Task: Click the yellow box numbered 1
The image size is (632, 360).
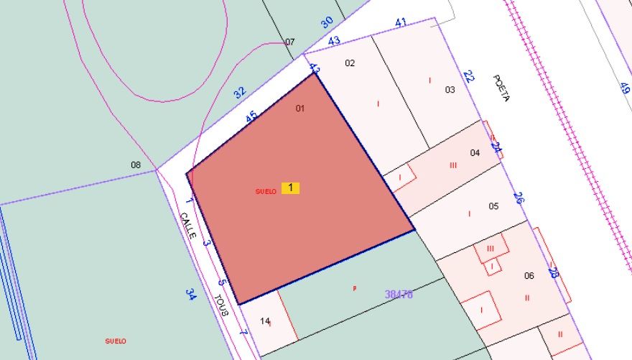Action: click(290, 188)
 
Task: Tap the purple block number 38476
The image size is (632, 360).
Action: click(399, 295)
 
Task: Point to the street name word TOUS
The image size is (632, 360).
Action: click(221, 305)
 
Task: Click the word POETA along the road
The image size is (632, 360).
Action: click(501, 88)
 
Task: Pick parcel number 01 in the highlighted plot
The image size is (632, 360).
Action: click(300, 109)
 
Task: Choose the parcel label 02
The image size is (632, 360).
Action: click(350, 63)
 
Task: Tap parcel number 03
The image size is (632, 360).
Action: click(450, 90)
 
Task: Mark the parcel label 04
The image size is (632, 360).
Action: click(475, 153)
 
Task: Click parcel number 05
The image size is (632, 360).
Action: click(493, 206)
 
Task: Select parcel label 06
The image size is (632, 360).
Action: click(529, 276)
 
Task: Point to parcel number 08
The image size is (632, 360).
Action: click(136, 165)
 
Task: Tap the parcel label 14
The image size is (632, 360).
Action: click(264, 321)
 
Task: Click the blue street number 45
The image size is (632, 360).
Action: click(251, 116)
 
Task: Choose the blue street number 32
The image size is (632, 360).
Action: click(239, 92)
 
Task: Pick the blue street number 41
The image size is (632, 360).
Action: click(401, 23)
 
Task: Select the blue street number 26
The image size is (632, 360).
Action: click(519, 198)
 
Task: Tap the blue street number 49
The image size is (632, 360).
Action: click(624, 88)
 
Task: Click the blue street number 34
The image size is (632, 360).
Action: click(191, 294)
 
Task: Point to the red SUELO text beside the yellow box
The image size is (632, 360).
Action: click(266, 191)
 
